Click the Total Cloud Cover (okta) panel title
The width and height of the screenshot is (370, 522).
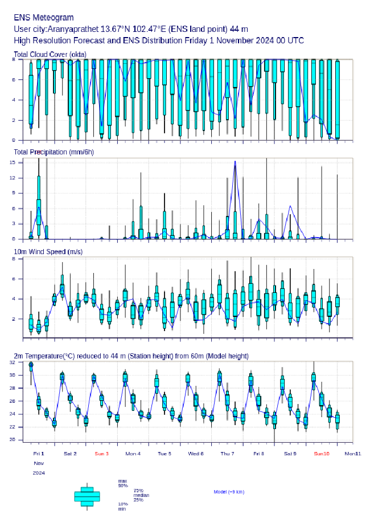pos(50,54)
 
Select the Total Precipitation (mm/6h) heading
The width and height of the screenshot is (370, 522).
pos(54,152)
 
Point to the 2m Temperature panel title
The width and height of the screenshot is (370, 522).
pos(131,356)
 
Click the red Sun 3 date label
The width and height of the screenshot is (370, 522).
pos(101,454)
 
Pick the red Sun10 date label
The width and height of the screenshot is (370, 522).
pos(322,454)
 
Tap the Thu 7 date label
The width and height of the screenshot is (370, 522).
pos(227,454)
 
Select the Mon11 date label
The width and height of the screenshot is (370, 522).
pos(353,454)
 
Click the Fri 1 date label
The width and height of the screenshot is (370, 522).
pos(39,454)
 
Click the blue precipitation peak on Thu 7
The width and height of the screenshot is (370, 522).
pos(235,162)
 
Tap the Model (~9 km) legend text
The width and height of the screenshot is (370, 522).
pos(229,492)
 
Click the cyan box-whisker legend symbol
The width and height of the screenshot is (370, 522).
pos(87,496)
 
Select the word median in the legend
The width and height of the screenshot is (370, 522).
pos(141,495)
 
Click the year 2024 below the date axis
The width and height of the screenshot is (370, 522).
pos(39,473)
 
